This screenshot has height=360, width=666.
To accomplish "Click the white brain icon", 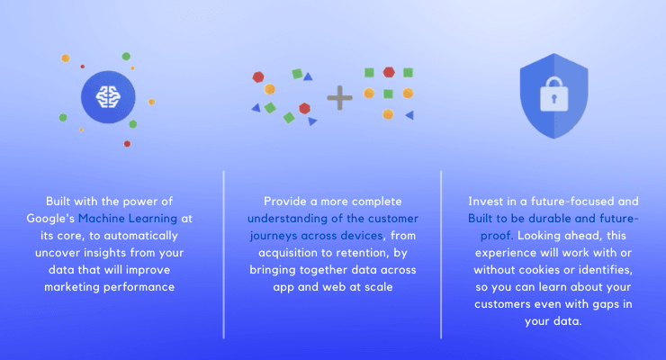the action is click(108, 97).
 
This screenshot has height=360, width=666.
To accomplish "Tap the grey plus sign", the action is click(340, 97).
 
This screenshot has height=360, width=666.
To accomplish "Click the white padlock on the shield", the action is click(553, 94).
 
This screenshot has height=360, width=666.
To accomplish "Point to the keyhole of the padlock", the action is click(553, 99).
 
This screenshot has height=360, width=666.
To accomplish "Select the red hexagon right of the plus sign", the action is click(389, 72).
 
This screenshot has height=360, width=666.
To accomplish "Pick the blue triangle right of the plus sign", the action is click(409, 115).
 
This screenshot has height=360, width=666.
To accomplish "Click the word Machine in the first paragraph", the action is click(102, 218).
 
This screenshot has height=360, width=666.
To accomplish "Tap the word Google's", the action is click(50, 219).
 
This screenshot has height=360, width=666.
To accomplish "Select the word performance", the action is click(139, 287).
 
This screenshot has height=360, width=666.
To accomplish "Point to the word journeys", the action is click(273, 236).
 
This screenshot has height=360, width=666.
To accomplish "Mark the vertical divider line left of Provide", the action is click(223, 255).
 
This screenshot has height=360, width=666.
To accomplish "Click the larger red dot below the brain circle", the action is click(127, 144).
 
